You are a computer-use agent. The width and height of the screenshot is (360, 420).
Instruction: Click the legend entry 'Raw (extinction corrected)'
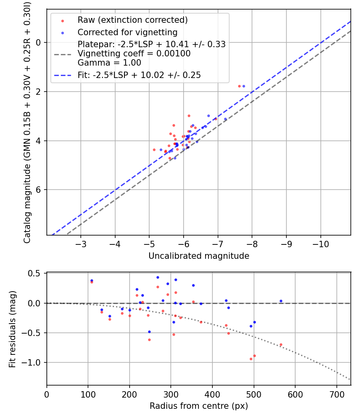(132, 20)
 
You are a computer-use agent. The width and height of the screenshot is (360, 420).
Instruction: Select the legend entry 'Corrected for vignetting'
(127, 32)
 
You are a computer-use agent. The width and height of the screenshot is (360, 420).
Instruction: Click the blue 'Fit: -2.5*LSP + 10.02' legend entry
(139, 75)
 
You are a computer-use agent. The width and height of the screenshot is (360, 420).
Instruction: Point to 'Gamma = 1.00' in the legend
(109, 63)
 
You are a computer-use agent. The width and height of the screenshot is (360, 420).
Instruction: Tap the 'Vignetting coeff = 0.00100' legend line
(134, 54)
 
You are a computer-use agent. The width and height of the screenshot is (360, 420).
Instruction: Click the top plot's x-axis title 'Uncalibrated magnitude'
(199, 256)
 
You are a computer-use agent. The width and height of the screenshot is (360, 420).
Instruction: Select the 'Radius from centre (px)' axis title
(199, 406)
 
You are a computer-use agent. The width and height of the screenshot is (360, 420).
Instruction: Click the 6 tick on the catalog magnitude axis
(39, 190)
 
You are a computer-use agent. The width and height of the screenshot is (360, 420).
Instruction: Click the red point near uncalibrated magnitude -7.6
(239, 86)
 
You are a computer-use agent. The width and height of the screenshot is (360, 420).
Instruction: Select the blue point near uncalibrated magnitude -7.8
(244, 86)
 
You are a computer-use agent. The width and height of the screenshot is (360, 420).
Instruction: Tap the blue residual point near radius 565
(281, 301)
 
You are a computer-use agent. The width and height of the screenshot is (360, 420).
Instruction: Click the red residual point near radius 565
(281, 344)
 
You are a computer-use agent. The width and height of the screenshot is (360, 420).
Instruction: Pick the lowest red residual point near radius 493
(251, 359)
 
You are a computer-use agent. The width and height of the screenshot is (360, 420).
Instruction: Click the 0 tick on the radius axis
(47, 394)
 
